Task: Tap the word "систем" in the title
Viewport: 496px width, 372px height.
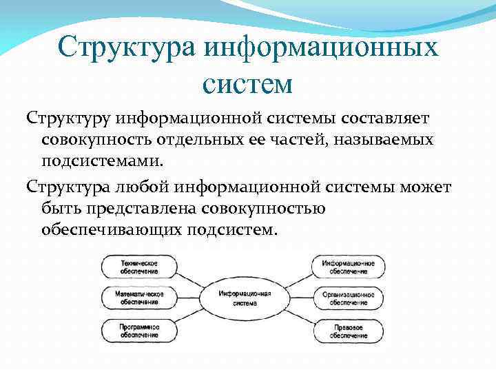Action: [248, 84]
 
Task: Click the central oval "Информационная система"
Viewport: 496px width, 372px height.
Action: [245, 298]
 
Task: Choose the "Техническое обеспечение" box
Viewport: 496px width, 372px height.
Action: [139, 267]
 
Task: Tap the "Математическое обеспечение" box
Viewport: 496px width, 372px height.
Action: [139, 298]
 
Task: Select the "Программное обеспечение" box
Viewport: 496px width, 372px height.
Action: [139, 330]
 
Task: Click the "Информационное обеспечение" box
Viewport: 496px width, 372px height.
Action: [348, 267]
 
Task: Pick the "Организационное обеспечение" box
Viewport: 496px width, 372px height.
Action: [348, 298]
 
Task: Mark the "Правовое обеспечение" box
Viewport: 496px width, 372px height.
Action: [348, 330]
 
